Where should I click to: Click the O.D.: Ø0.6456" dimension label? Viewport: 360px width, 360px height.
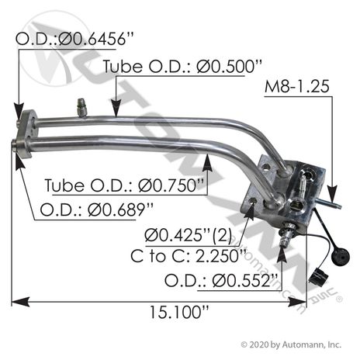click(x=74, y=40)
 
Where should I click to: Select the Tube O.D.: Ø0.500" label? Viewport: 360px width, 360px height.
click(x=182, y=66)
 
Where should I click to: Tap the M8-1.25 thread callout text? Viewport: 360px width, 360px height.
click(x=297, y=86)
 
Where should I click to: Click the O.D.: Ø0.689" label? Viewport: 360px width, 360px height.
click(x=97, y=209)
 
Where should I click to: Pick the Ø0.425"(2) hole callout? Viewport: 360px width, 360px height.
click(x=188, y=236)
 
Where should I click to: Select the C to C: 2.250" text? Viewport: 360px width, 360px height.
click(x=189, y=256)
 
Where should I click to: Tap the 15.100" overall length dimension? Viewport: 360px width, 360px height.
click(x=179, y=312)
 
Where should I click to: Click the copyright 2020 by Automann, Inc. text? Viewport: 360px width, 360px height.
click(x=291, y=344)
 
